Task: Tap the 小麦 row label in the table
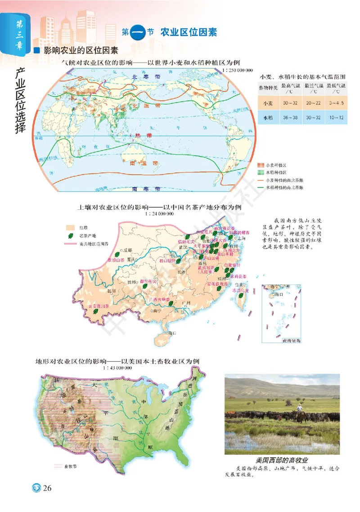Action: click(x=267, y=103)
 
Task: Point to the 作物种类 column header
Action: click(x=267, y=87)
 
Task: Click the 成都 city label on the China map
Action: click(x=128, y=250)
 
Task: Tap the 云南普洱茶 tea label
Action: click(x=101, y=304)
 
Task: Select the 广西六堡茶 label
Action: click(x=161, y=299)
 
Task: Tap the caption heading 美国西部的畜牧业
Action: click(x=282, y=460)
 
